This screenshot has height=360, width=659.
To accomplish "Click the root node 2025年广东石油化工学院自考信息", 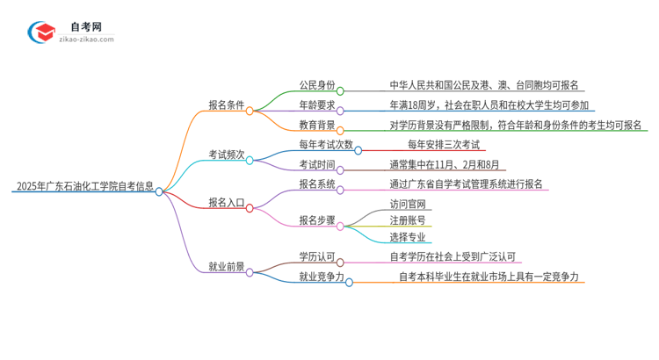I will pos(84,186).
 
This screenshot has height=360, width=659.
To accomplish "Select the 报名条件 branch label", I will pos(226,104).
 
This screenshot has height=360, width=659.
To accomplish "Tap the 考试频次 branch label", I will pos(226,154).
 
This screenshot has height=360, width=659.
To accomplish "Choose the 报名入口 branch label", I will pos(226,202).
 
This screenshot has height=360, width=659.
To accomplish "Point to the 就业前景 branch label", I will pos(226,267).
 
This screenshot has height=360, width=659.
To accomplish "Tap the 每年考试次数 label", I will pos(326,145).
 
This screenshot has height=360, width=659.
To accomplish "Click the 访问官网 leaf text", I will pos(408,204).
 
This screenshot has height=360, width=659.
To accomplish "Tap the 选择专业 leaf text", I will pos(408,237).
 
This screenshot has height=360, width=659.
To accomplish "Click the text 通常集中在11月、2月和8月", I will pos(447,164).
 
